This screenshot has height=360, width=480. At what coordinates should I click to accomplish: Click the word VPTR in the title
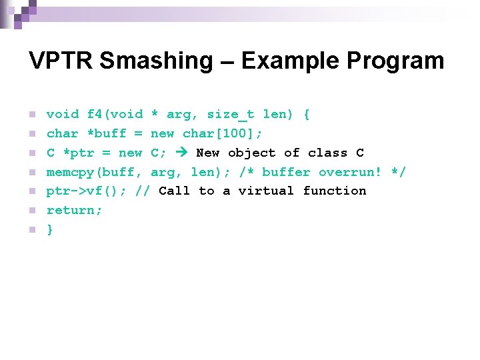click(x=61, y=61)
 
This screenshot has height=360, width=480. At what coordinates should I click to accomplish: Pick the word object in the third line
click(x=252, y=153)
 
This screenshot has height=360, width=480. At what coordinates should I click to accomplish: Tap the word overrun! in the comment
click(x=351, y=172)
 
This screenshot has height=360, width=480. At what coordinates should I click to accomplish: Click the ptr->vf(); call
click(x=87, y=191)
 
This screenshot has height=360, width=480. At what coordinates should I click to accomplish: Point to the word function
click(x=335, y=191)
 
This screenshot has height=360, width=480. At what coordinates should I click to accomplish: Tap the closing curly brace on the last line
click(x=50, y=230)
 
